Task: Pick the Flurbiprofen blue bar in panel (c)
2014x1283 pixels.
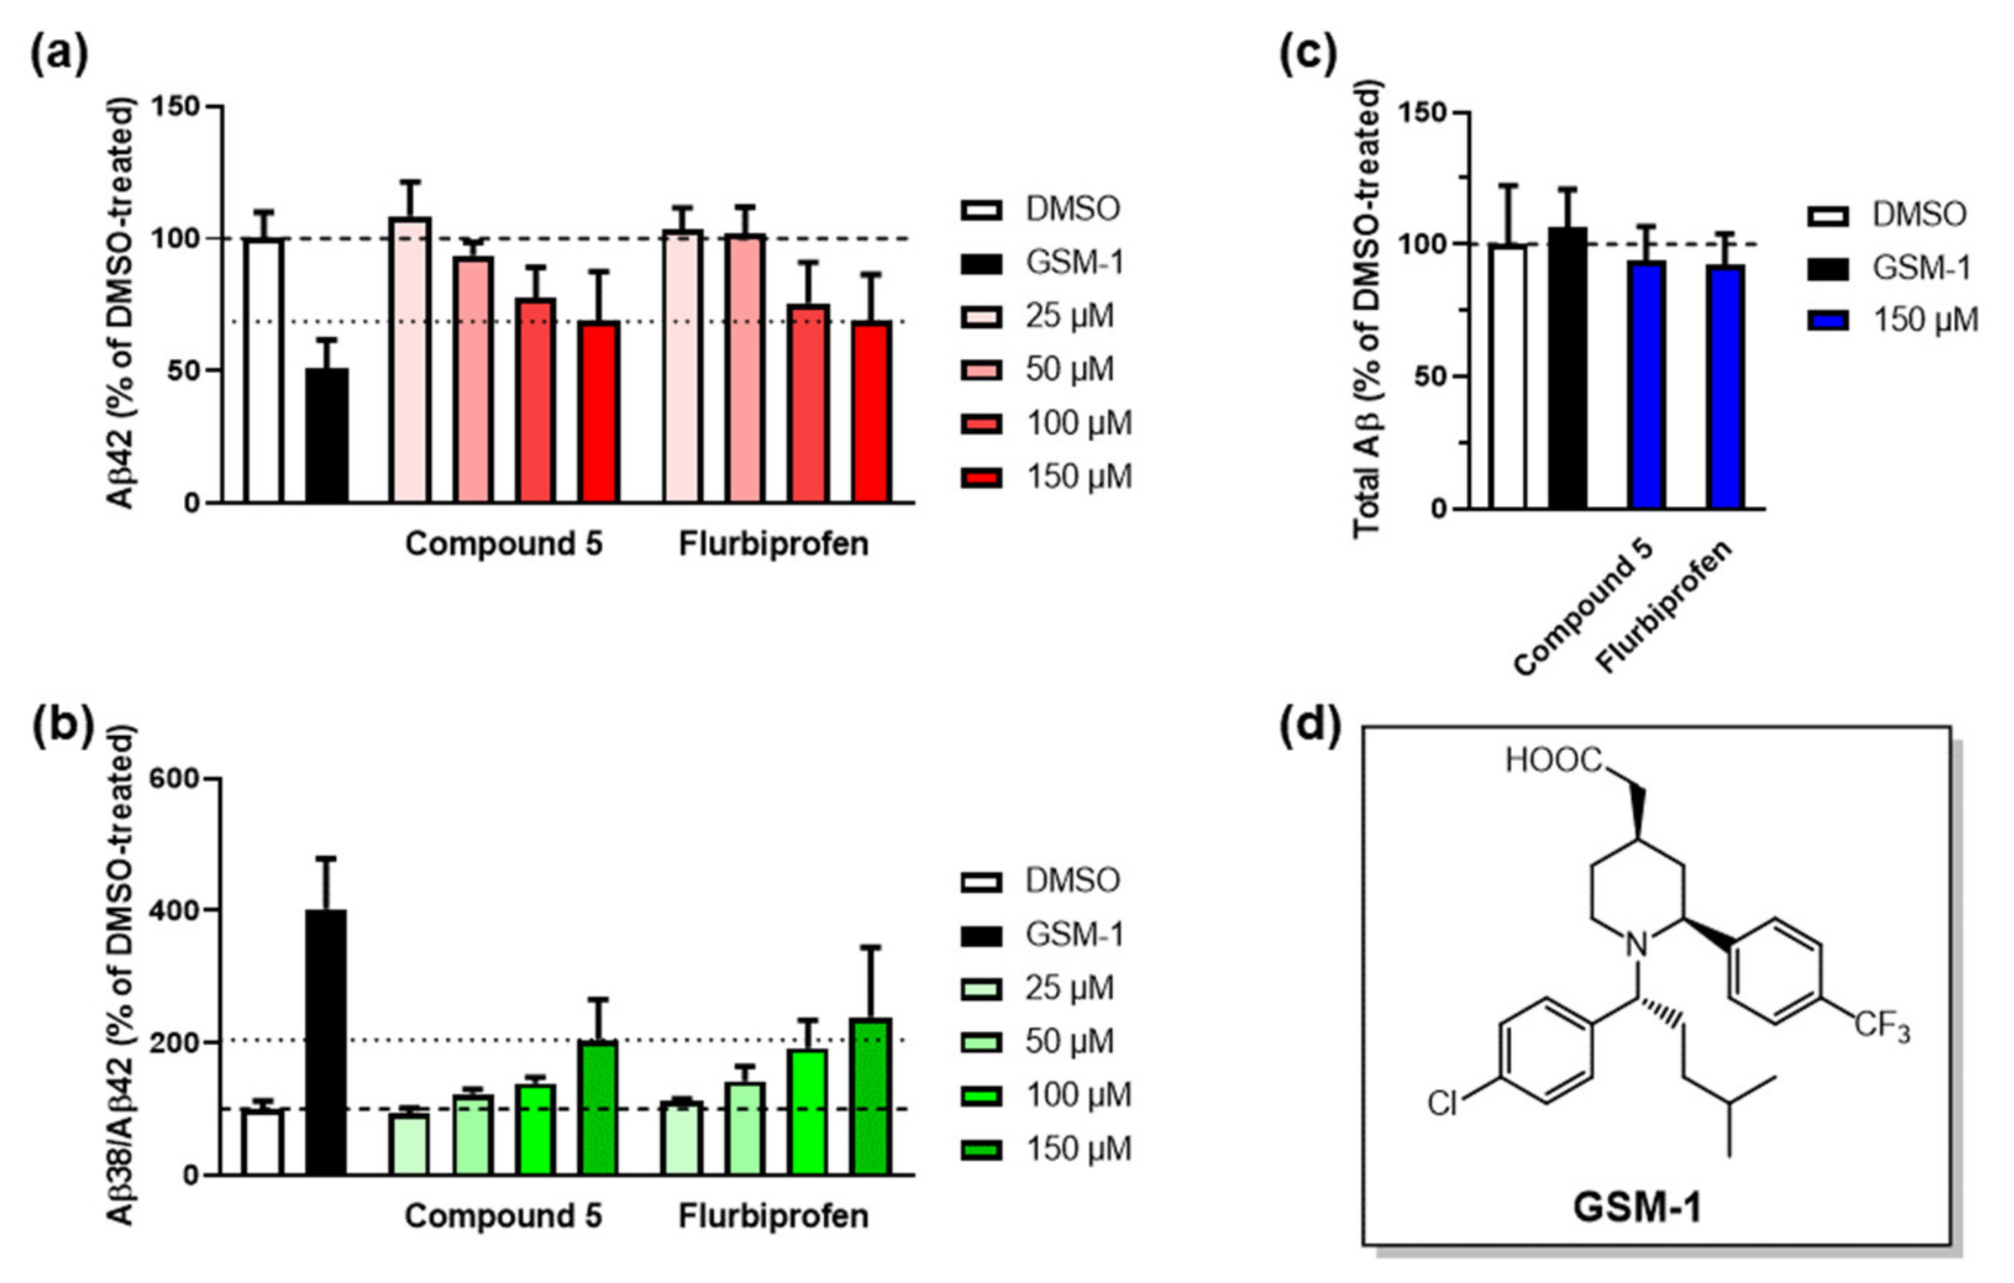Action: coord(1726,387)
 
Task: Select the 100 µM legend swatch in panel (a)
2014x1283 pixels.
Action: coord(982,424)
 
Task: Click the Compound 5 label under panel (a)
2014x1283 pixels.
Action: coord(503,544)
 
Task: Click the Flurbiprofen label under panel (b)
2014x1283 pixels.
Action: coord(773,1215)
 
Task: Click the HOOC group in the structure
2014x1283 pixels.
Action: coord(1553,760)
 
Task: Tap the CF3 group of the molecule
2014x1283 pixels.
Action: coord(1882,1026)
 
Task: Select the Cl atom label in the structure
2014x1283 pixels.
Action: coord(1442,1104)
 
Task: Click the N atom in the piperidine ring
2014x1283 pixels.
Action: coord(1637,945)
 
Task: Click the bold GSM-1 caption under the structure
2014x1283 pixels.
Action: coord(1637,1208)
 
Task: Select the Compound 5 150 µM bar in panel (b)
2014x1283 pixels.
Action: coord(599,1107)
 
